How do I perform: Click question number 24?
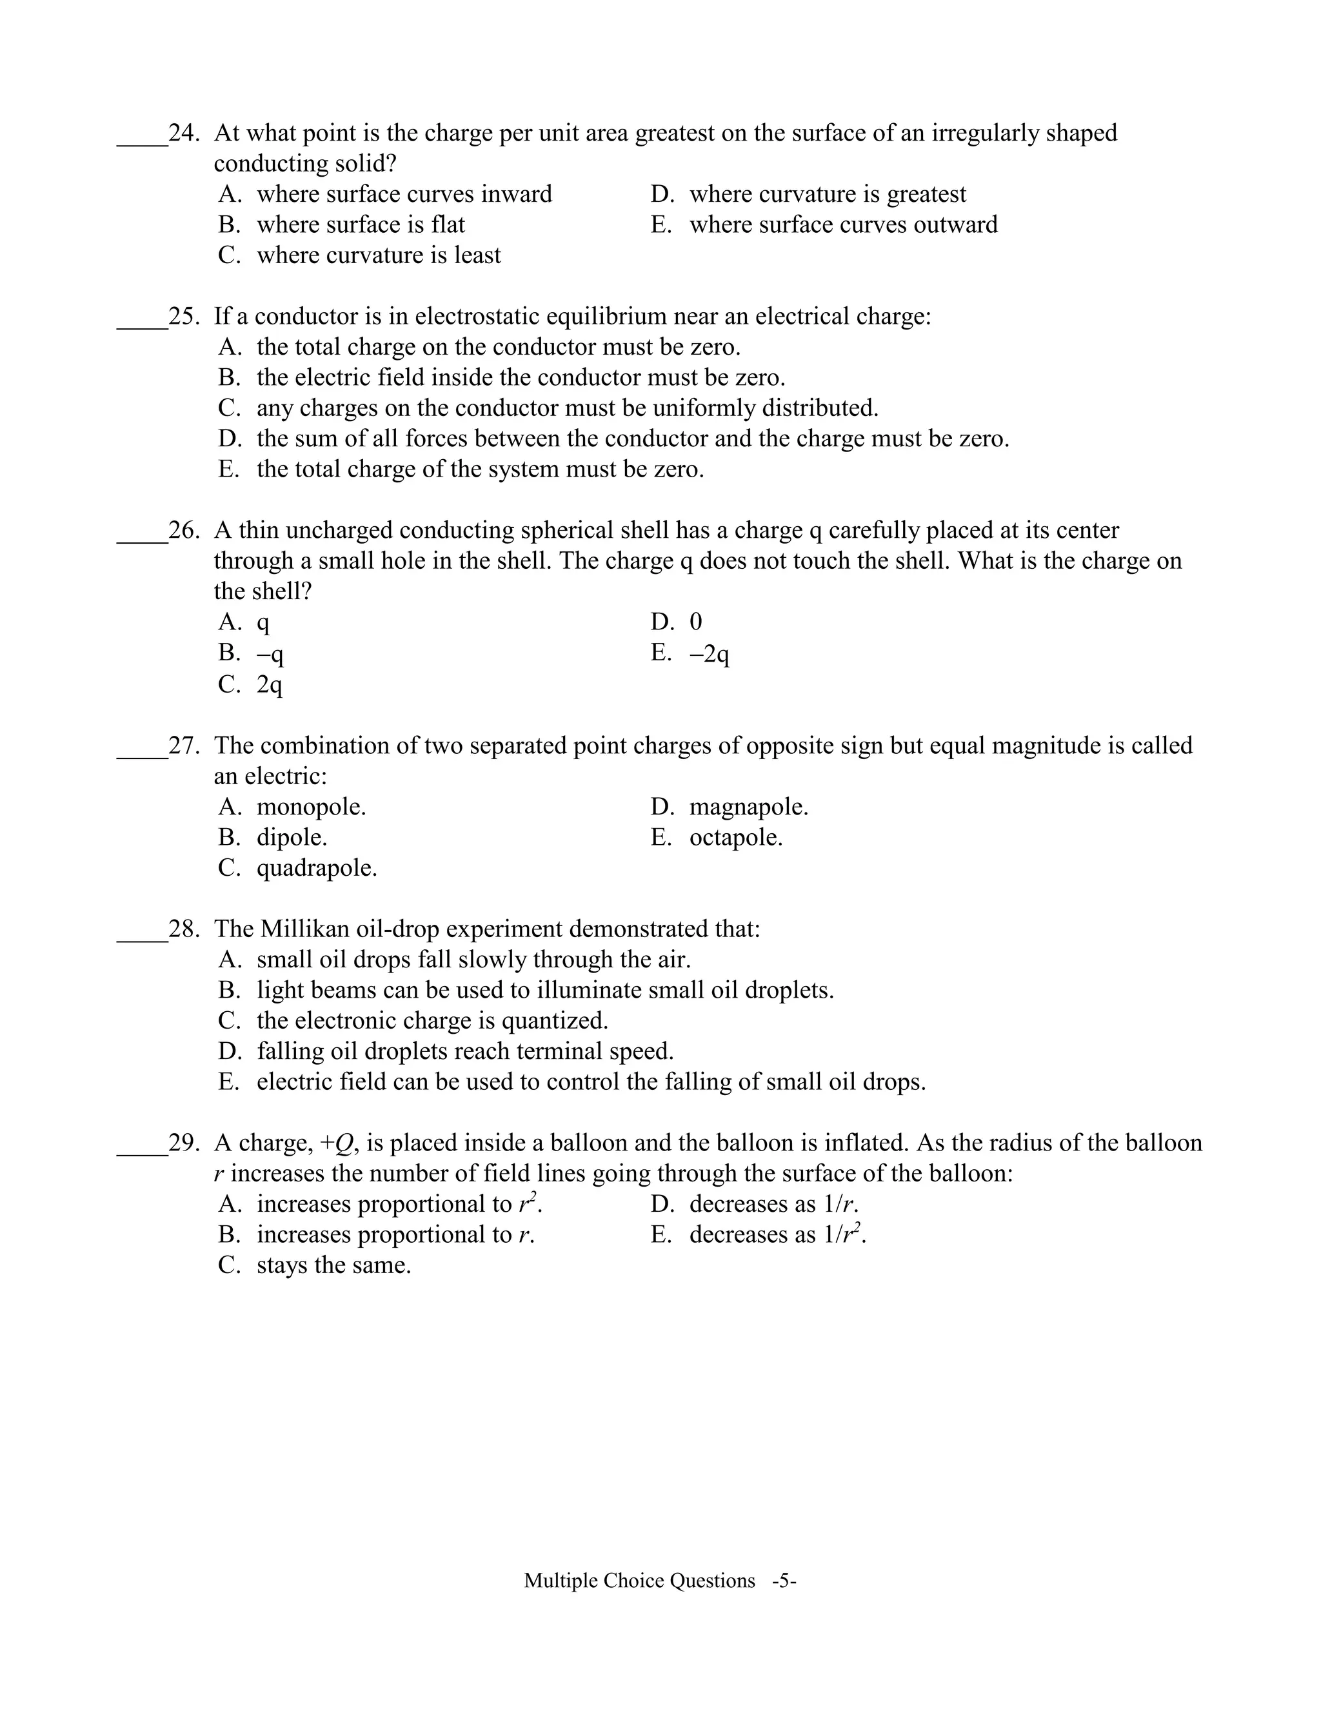point(183,133)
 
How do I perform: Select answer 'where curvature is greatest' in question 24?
point(827,194)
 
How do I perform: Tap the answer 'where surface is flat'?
point(360,224)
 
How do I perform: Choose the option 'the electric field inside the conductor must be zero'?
point(521,378)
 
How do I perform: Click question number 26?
point(183,531)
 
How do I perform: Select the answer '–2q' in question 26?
point(709,653)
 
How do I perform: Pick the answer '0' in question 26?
point(696,622)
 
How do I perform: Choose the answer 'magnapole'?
point(748,807)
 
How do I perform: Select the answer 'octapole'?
point(735,837)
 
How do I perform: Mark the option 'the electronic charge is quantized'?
point(432,1020)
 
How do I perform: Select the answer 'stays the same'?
point(333,1265)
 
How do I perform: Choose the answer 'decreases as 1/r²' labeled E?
point(777,1235)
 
